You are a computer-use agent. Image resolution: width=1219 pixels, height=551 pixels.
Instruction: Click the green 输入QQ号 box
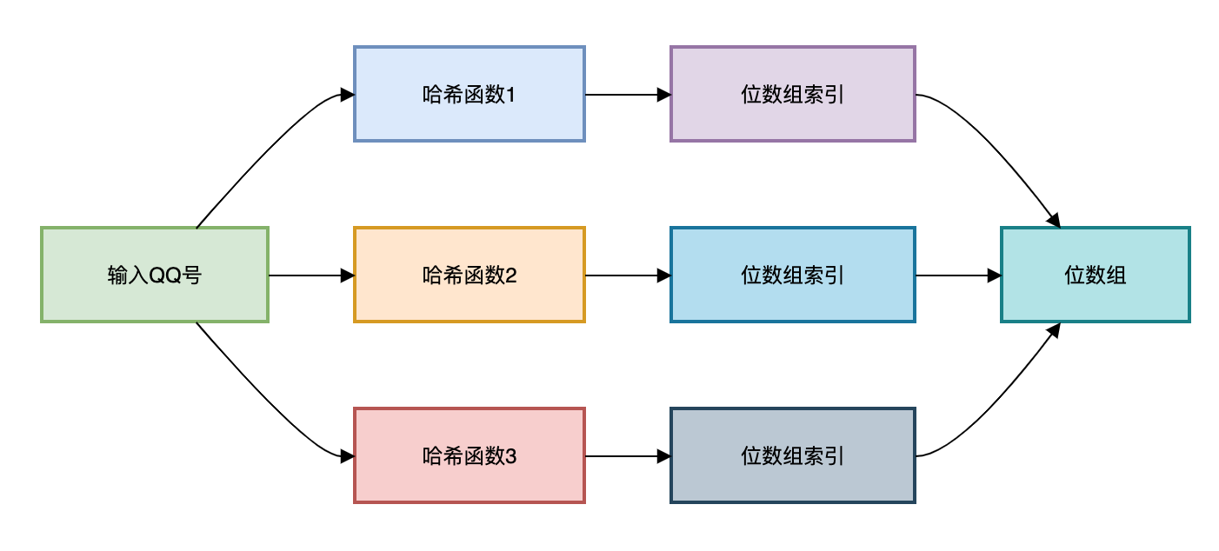point(155,275)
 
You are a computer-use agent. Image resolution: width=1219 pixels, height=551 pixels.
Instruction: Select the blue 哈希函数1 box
point(470,94)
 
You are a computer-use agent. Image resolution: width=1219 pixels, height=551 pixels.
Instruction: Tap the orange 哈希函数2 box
point(470,275)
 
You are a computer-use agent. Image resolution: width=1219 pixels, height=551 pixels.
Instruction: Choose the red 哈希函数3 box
point(470,455)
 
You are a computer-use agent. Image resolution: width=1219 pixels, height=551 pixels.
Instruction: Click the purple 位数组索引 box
point(793,94)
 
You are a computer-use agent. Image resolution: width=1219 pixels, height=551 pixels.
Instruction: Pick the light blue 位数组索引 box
point(793,275)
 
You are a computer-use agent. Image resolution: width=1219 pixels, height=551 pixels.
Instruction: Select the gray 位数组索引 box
point(793,455)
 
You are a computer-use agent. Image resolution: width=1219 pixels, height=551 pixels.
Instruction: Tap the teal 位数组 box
point(1096,275)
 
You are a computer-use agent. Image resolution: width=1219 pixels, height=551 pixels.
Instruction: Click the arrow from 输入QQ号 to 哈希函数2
point(311,275)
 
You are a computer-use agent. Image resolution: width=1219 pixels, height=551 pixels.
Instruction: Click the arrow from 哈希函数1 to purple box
point(628,95)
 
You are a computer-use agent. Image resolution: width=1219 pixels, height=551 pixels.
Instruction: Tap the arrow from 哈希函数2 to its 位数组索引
point(628,275)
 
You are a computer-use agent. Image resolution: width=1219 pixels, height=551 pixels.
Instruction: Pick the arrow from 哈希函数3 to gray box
point(628,455)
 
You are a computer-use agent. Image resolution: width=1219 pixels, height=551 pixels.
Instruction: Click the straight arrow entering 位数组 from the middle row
point(959,275)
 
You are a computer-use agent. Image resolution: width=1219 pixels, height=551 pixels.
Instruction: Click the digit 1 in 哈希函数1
point(510,95)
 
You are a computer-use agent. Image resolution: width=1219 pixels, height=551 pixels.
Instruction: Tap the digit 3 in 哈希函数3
point(510,455)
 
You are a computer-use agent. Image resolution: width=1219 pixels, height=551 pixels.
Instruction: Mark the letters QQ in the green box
point(165,275)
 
